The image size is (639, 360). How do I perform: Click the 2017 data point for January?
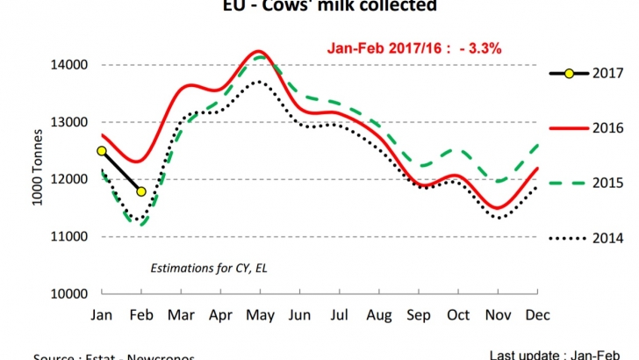[x=102, y=151]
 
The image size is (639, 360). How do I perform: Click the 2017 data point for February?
[x=140, y=191]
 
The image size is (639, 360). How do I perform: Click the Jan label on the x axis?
[x=102, y=314]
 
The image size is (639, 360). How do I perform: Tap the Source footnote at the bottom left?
[x=114, y=356]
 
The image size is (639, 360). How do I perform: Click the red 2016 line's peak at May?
[x=256, y=52]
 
